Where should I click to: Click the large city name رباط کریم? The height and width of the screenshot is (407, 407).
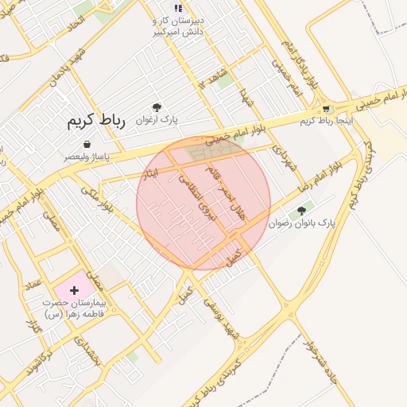92,121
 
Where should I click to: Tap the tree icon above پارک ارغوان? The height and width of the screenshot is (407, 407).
157,107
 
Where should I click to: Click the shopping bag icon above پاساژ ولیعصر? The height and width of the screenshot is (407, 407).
86,145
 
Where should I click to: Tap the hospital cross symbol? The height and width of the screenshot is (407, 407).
75,291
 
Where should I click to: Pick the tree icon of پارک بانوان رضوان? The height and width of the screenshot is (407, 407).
300,212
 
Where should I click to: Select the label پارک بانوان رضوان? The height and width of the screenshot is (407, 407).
303,225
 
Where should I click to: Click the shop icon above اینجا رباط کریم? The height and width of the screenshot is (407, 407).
326,109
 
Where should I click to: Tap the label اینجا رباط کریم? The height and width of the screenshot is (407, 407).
326,121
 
